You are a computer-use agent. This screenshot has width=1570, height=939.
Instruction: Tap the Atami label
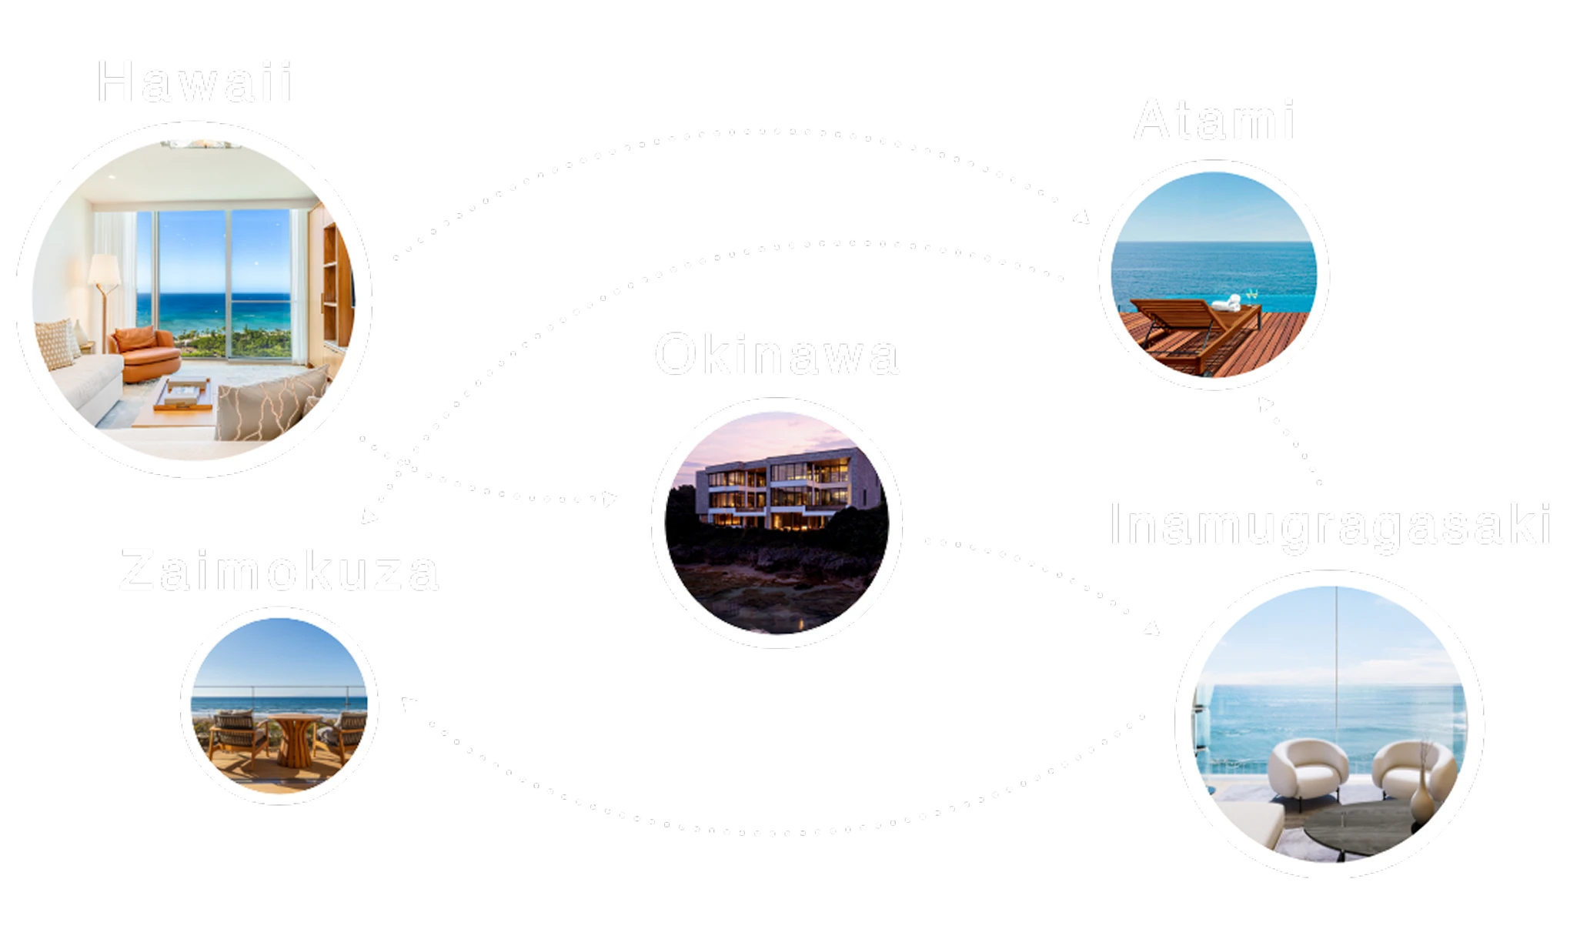(1214, 120)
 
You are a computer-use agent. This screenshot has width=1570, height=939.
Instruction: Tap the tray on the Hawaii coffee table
(183, 393)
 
